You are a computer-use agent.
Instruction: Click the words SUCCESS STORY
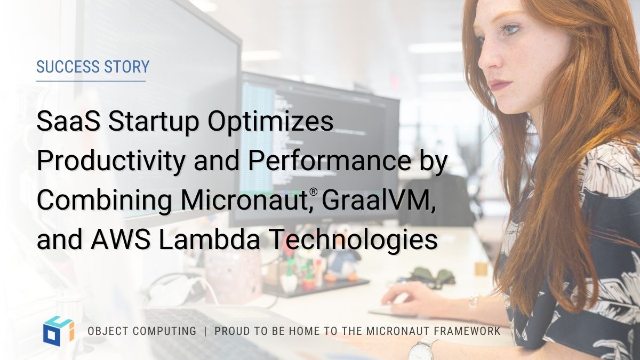click(93, 67)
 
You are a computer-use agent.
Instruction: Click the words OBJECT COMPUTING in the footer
click(142, 332)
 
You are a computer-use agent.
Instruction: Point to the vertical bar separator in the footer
click(205, 332)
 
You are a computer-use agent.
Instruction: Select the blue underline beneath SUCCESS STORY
click(91, 81)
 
